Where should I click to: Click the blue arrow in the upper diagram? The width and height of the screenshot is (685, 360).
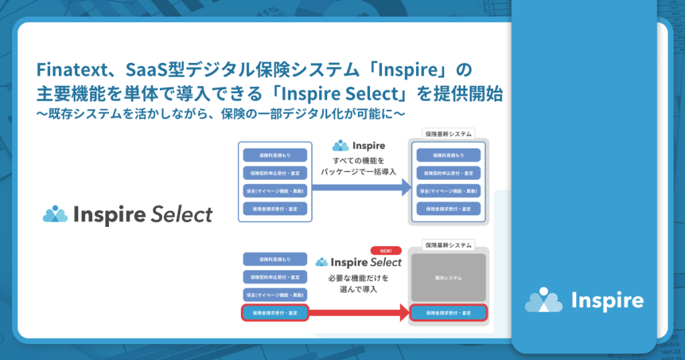361,189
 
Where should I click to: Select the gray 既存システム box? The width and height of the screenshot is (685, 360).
448,277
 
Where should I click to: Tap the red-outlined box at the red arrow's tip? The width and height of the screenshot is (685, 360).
448,312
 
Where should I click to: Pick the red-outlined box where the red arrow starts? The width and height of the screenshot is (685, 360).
275,312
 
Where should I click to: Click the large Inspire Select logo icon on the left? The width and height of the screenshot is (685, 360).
56,213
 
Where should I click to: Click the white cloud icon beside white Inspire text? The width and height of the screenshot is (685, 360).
543,300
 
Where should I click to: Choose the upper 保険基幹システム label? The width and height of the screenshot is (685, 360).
448,134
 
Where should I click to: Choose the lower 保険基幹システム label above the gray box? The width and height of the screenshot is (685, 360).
448,245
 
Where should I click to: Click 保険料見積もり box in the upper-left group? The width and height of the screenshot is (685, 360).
275,155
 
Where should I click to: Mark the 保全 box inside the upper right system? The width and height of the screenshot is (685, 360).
448,191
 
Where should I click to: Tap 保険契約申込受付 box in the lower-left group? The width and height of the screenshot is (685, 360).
275,276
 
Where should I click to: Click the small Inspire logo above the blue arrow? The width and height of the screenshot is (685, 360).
359,145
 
